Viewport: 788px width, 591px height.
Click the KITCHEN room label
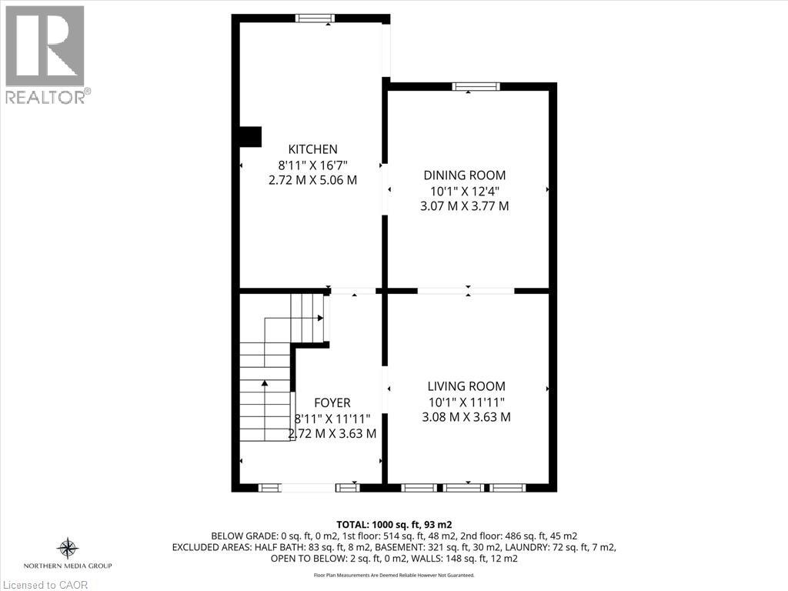click(x=312, y=149)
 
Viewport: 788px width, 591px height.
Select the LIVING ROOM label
click(x=466, y=386)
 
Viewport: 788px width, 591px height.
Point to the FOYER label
click(x=332, y=402)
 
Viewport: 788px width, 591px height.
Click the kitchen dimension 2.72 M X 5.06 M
click(x=312, y=180)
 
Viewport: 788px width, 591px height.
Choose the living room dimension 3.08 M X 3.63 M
click(x=466, y=417)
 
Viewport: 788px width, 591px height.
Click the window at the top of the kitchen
click(x=316, y=18)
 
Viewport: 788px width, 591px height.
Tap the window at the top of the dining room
click(x=476, y=87)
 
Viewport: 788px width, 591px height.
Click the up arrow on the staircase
click(x=265, y=382)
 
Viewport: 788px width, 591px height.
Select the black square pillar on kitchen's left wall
click(x=251, y=136)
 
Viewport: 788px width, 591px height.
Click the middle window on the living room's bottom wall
click(x=464, y=487)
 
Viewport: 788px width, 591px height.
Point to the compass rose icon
click(x=68, y=548)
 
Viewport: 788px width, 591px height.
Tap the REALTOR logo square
click(x=45, y=45)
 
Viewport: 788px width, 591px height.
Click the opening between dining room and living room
click(x=466, y=291)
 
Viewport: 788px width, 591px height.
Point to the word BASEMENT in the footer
click(x=391, y=547)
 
